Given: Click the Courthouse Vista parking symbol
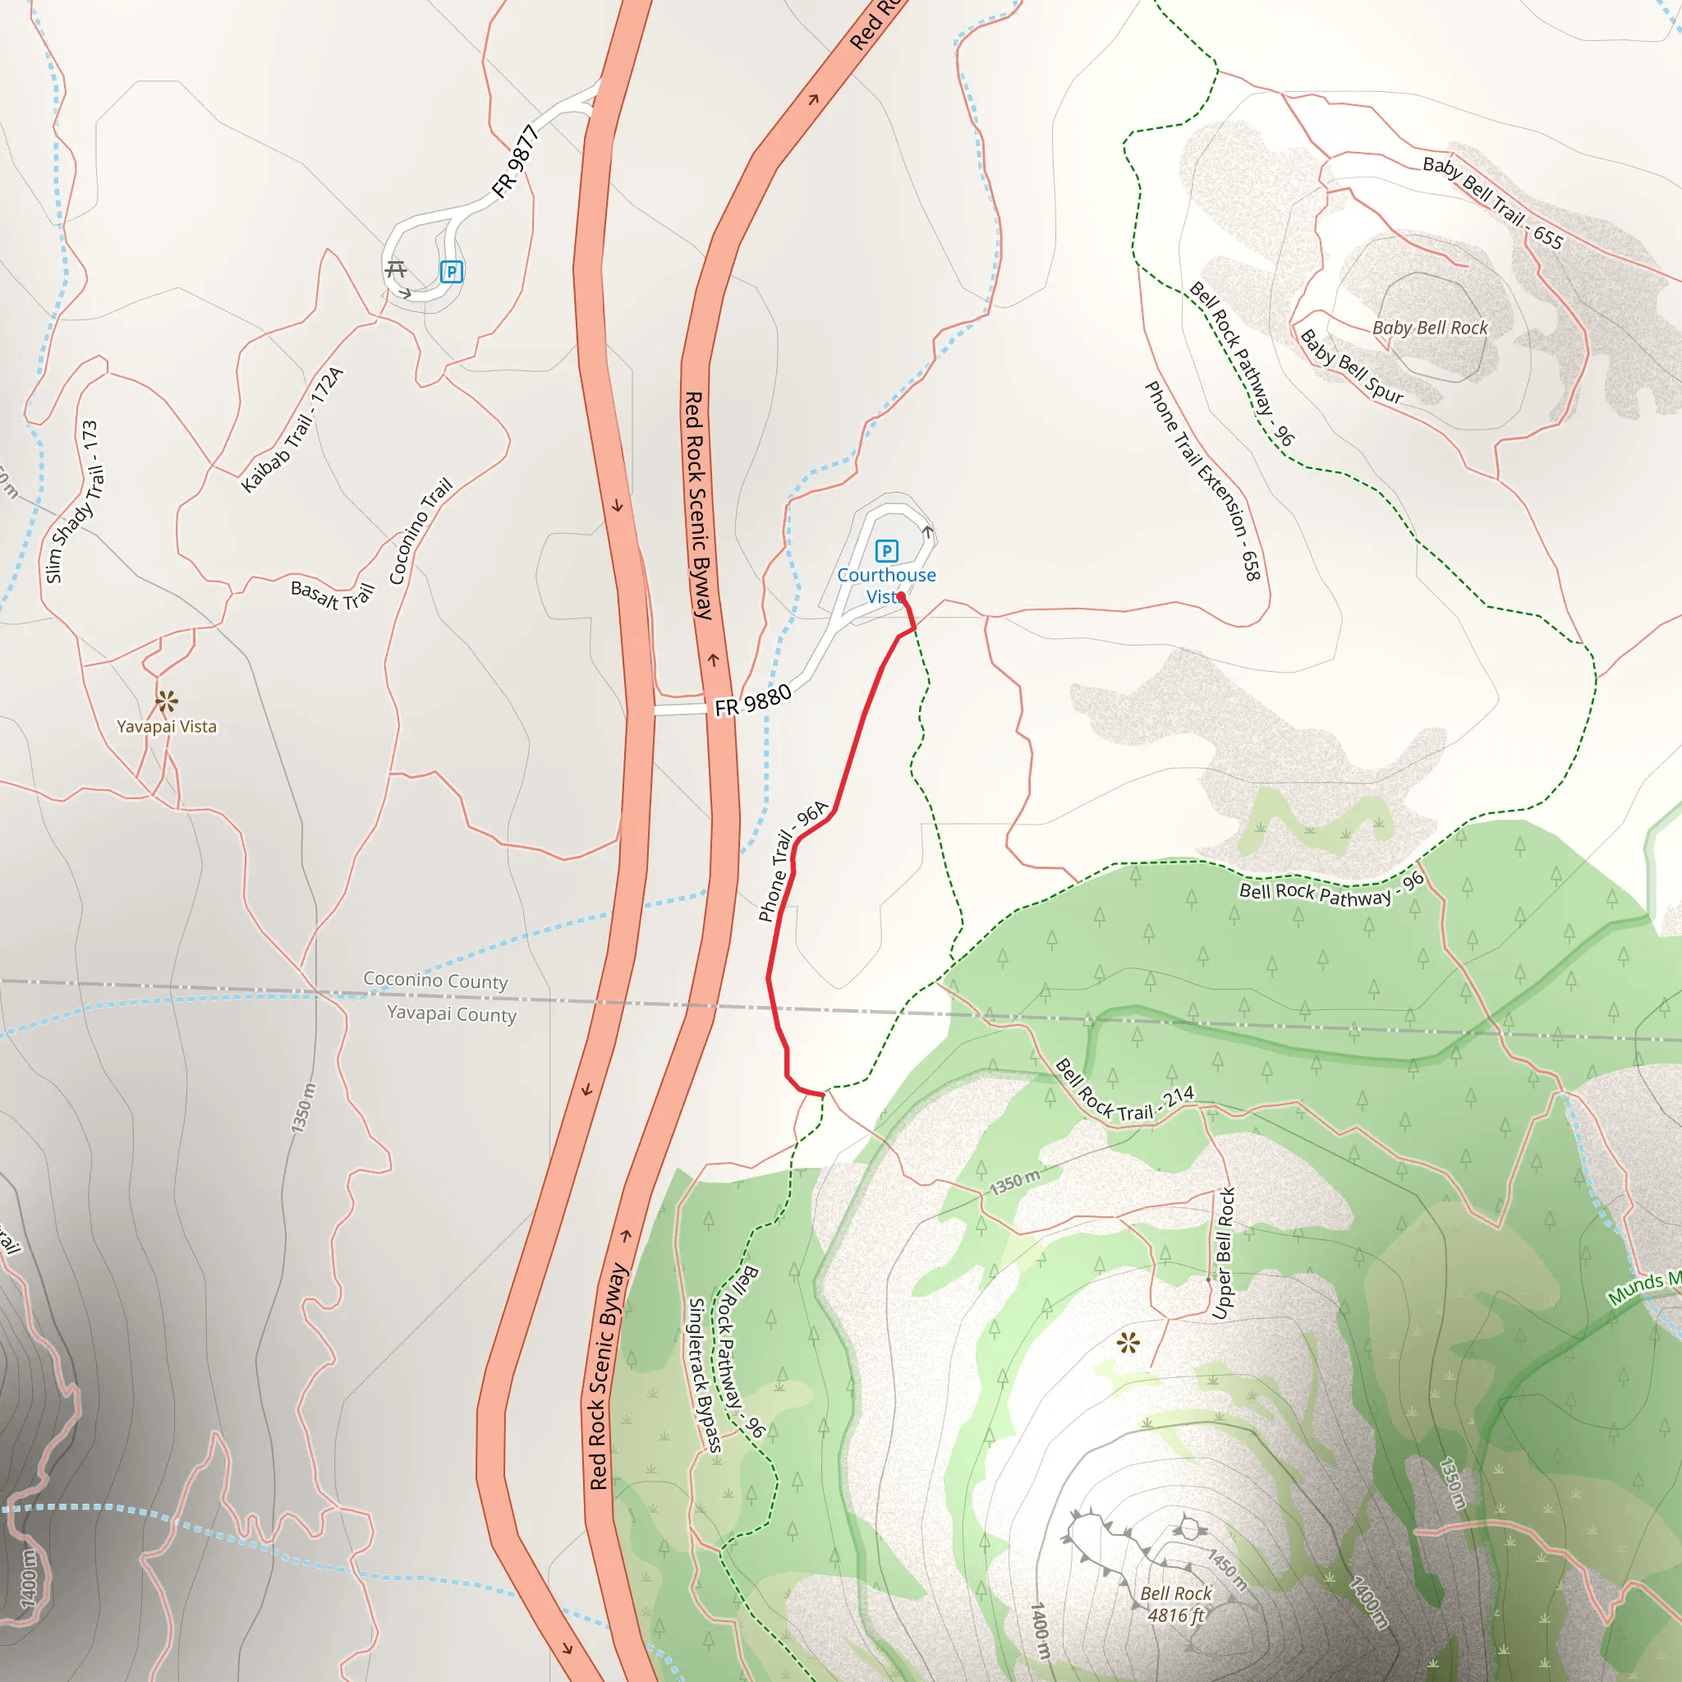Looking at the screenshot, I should coord(886,550).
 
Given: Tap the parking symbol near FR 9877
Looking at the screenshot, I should coord(451,272).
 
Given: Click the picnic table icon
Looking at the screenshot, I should coord(396,269).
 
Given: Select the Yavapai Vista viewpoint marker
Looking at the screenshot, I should coord(166,701).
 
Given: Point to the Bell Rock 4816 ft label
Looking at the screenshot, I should coord(1175,1604).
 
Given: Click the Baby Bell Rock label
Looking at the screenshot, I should coord(1430,329).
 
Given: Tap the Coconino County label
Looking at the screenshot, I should coord(435,981).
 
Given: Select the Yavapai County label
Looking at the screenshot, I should coord(451,1013).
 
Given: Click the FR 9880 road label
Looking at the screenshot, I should coord(752,701).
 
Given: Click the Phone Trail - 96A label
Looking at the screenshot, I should coord(793,861).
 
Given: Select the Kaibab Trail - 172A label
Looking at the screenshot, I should coord(292,430).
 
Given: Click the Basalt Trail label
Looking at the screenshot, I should coord(332,595).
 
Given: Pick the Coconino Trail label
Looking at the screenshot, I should coord(420,531).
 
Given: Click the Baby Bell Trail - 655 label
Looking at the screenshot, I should coord(1493,201).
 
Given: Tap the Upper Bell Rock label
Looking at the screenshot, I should coord(1223,1253).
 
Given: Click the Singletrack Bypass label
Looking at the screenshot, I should coord(705,1376).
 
